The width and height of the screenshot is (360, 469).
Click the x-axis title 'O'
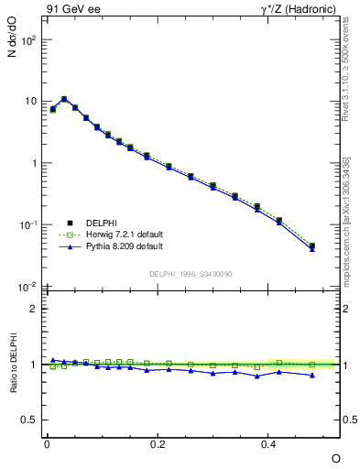click(335, 457)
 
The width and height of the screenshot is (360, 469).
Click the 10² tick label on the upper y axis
click(29, 40)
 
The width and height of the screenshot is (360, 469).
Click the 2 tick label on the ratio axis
click(33, 309)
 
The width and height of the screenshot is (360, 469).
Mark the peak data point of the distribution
click(64, 99)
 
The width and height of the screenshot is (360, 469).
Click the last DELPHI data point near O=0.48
click(312, 245)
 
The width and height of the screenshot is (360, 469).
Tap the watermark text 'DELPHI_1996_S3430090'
click(191, 274)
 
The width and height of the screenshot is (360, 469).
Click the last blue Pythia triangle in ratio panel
click(312, 375)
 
